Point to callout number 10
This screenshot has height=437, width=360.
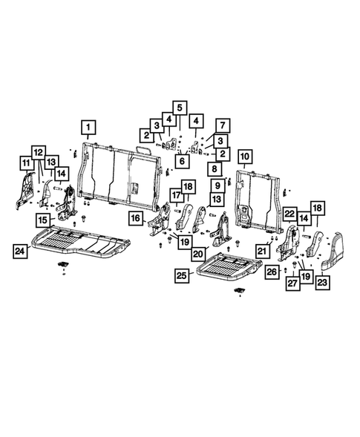pyautogui.click(x=244, y=157)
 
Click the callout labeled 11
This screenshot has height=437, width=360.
pyautogui.click(x=25, y=162)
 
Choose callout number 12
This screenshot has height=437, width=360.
pyautogui.click(x=38, y=151)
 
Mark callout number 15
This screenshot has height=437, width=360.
pyautogui.click(x=44, y=220)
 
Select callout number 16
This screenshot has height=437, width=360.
pyautogui.click(x=135, y=217)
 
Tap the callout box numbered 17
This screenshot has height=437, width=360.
pyautogui.click(x=177, y=195)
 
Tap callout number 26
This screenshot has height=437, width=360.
pyautogui.click(x=272, y=272)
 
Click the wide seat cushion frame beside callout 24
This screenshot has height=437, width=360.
pyautogui.click(x=82, y=243)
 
